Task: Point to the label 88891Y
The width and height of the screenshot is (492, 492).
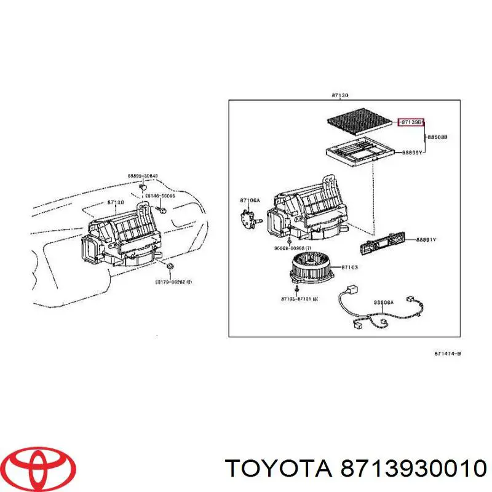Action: click(x=426, y=240)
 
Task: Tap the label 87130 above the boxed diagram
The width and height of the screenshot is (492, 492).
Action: click(x=340, y=95)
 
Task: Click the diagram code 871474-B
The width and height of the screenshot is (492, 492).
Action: click(x=448, y=354)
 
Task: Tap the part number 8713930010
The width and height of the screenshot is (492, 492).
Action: click(x=410, y=469)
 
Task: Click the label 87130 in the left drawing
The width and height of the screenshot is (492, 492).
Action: click(x=116, y=202)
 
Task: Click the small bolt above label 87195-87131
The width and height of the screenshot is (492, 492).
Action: click(x=297, y=288)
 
